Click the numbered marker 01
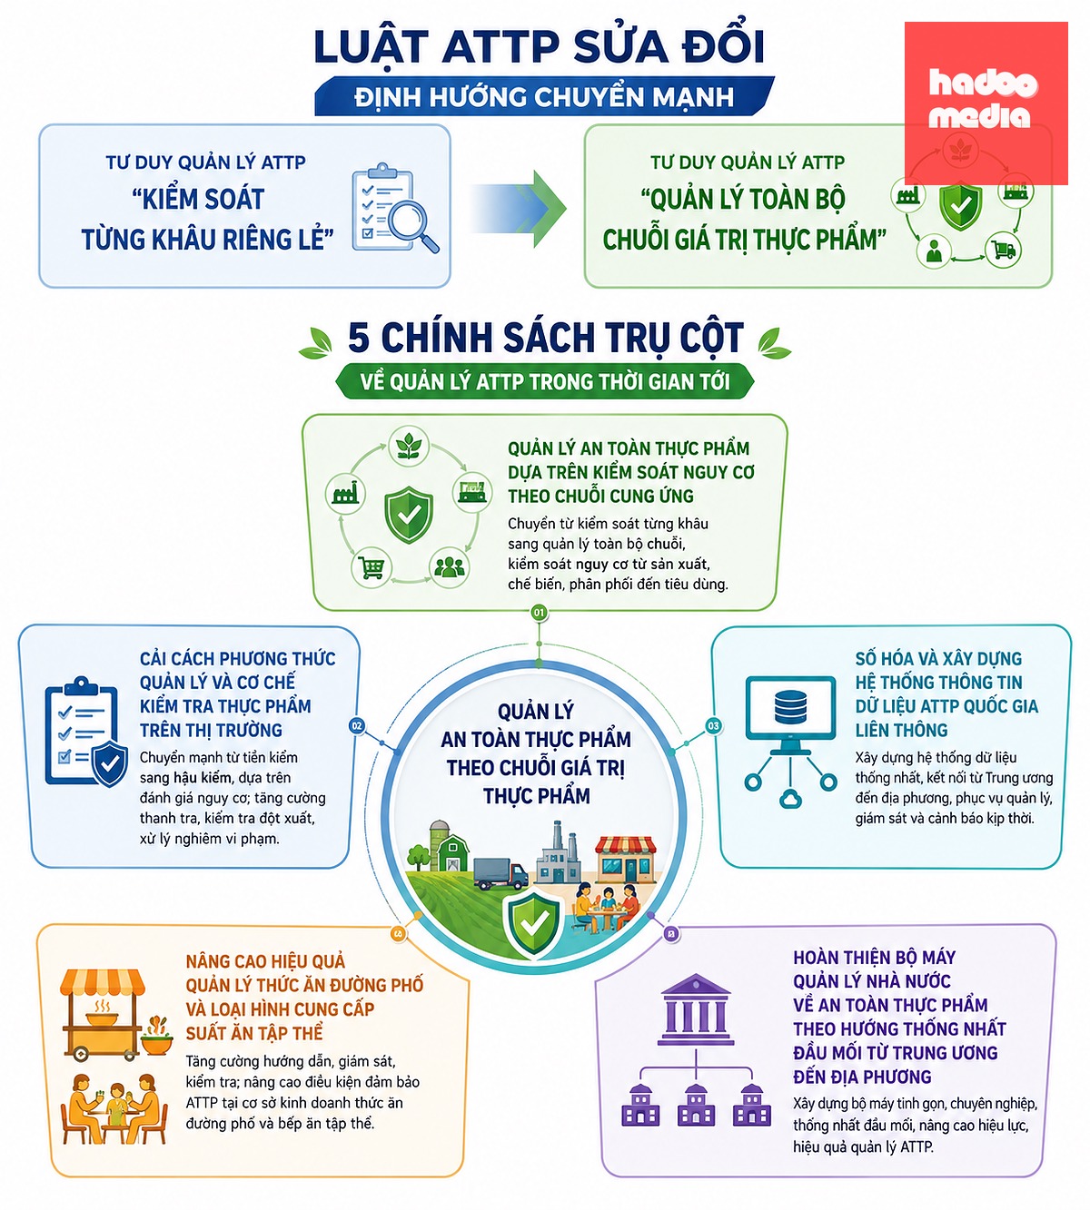point(539,613)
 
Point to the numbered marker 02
point(357,725)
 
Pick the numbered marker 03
point(713,725)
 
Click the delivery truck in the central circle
point(500,874)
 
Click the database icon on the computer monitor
point(790,706)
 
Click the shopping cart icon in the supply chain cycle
point(372,567)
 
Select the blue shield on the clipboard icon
point(109,764)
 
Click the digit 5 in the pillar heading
point(359,338)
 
